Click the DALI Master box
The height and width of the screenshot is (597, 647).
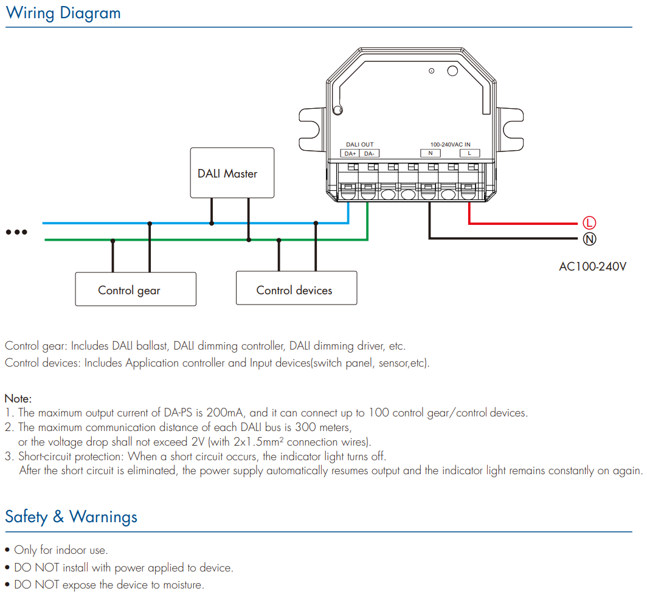tap(232, 173)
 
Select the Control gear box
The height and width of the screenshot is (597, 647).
tap(136, 289)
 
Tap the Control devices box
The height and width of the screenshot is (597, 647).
tap(296, 288)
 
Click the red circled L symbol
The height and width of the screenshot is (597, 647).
tap(589, 223)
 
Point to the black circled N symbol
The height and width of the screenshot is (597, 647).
tap(589, 239)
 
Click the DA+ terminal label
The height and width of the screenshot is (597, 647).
tap(350, 153)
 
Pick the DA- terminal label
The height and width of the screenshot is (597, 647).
tap(369, 153)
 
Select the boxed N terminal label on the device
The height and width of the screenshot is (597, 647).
tap(431, 153)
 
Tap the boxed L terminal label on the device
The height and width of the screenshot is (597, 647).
tap(469, 153)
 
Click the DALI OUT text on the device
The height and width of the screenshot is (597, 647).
tap(360, 145)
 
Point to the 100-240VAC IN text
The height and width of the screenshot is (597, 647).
tap(450, 145)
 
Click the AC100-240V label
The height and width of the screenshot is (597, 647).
tap(592, 266)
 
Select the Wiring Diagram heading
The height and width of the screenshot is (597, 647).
tap(63, 13)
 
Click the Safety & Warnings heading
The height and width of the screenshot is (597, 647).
tap(71, 517)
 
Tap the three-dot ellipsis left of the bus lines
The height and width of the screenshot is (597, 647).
tap(16, 232)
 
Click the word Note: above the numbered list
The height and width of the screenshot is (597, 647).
tap(18, 399)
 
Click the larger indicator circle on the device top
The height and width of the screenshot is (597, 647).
tap(452, 71)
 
